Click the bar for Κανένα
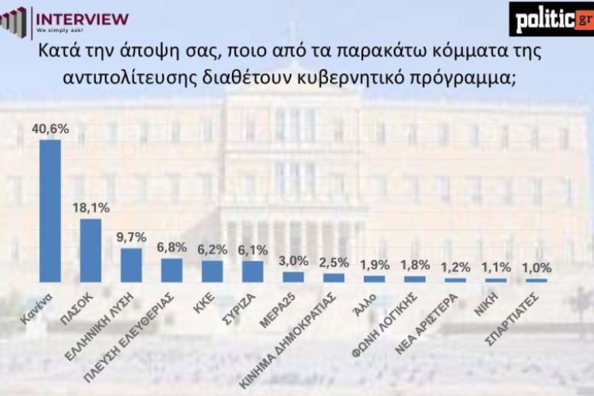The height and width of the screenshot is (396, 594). click(50, 211)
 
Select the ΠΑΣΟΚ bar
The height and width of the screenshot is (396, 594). click(91, 250)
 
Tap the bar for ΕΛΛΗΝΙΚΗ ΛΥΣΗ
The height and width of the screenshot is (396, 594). click(131, 266)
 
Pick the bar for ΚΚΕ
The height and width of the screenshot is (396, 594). click(212, 271)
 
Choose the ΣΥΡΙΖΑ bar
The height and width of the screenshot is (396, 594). click(253, 271)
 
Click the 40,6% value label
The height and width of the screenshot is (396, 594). click(50, 127)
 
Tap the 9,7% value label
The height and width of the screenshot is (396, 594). click(131, 237)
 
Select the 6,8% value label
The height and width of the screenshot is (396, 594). click(172, 247)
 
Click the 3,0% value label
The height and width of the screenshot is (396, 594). click(293, 261)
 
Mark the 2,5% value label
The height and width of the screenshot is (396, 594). click(334, 262)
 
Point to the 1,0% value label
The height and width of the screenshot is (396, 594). click(536, 267)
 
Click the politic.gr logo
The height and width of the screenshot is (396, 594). click(551, 17)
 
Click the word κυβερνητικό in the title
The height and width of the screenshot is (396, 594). click(366, 77)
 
